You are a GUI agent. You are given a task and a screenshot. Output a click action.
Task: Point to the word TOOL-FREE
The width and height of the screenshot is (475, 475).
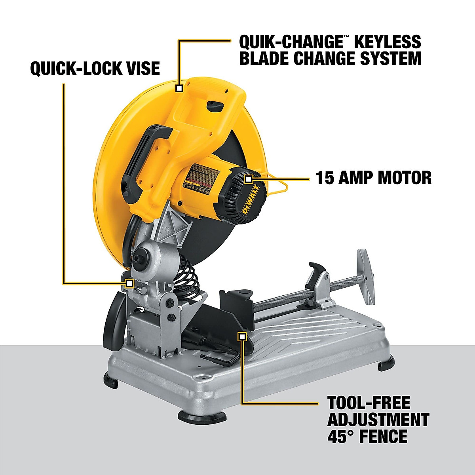(x=369, y=403)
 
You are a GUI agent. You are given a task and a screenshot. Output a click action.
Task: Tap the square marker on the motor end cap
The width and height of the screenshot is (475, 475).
(x=248, y=179)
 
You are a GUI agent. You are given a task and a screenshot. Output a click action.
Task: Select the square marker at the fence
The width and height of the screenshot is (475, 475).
(x=242, y=336)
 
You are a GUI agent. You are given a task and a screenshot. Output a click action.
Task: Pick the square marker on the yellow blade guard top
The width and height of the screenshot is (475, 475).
(x=179, y=87)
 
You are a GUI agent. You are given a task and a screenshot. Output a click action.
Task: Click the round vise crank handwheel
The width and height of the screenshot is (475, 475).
(x=366, y=277)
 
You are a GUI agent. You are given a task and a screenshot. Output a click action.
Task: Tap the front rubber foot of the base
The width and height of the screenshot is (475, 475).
(x=202, y=416)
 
